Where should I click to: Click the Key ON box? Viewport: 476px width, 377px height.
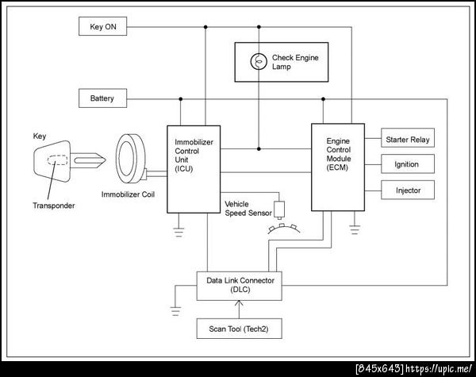102,27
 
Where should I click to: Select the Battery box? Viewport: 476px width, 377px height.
102,99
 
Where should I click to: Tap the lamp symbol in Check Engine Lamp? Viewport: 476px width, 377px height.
256,61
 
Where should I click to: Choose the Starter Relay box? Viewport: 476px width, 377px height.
408,140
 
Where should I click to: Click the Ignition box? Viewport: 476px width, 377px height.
408,165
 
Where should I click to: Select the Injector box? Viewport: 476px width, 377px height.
408,191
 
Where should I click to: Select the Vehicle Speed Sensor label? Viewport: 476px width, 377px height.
248,208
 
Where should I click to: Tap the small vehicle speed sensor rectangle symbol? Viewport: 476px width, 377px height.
279,211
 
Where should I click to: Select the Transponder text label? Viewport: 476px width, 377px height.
55,206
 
